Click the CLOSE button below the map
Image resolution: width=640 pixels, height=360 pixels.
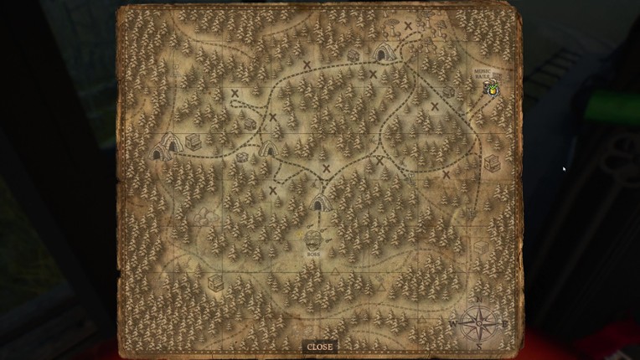pyautogui.click(x=319, y=347)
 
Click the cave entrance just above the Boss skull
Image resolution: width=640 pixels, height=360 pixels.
pyautogui.click(x=319, y=202)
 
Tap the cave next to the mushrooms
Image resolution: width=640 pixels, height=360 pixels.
pyautogui.click(x=382, y=54)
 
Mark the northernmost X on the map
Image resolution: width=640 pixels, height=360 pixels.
pyautogui.click(x=408, y=26)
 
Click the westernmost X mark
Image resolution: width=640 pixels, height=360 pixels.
pyautogui.click(x=235, y=94)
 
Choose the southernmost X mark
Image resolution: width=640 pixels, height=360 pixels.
pyautogui.click(x=273, y=190)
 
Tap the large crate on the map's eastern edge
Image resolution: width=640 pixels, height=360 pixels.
pyautogui.click(x=493, y=163)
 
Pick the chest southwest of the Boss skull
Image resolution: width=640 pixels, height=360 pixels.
pyautogui.click(x=216, y=281)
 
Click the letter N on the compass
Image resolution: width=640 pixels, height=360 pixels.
pyautogui.click(x=480, y=301)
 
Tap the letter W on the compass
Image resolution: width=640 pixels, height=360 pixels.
pyautogui.click(x=453, y=323)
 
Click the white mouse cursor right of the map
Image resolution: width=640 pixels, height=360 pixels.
pyautogui.click(x=564, y=169)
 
